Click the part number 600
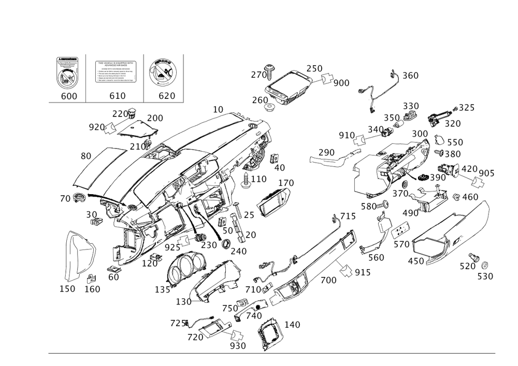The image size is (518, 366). [x=68, y=96]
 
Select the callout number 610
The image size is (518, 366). [x=117, y=96]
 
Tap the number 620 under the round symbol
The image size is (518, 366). [x=167, y=96]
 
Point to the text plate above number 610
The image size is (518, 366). [x=114, y=71]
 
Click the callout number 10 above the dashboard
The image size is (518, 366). [x=218, y=109]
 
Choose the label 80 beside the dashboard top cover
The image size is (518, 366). [x=86, y=155]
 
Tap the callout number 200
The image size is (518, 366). [x=154, y=118]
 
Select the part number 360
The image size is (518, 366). [x=410, y=76]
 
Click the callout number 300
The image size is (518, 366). [x=420, y=134]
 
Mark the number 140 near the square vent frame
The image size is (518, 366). [x=292, y=325]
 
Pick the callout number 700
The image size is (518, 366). [x=328, y=280]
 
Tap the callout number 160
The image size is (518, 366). [x=93, y=288]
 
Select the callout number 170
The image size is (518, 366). [x=285, y=183]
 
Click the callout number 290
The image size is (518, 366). [x=326, y=152]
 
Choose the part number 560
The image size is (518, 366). [x=376, y=257]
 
